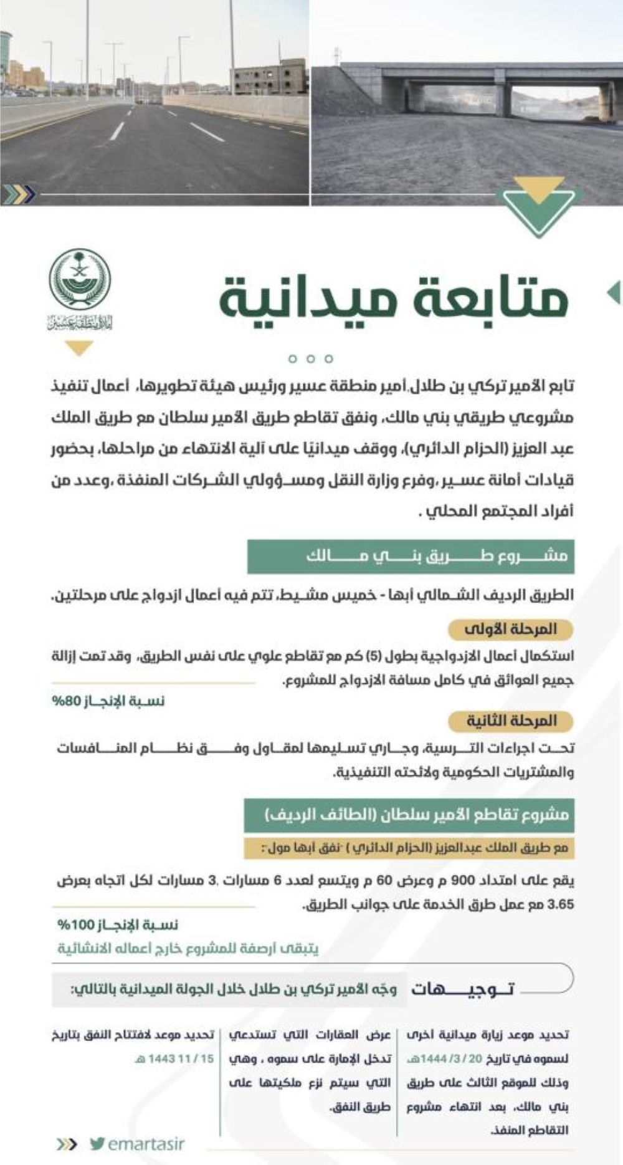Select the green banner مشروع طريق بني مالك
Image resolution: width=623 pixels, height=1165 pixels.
tap(411, 556)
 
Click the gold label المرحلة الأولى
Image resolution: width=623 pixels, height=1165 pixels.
tap(510, 629)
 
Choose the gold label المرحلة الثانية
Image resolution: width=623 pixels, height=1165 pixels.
tap(511, 721)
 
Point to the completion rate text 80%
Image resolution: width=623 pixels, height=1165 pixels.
tap(108, 701)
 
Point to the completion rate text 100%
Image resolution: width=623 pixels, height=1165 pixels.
tap(118, 924)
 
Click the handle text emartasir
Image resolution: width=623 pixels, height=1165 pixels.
tap(146, 1144)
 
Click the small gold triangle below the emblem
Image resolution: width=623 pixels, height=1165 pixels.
tap(79, 348)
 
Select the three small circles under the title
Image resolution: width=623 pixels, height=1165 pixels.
tap(311, 358)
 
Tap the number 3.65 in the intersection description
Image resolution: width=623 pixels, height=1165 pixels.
tap(560, 904)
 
